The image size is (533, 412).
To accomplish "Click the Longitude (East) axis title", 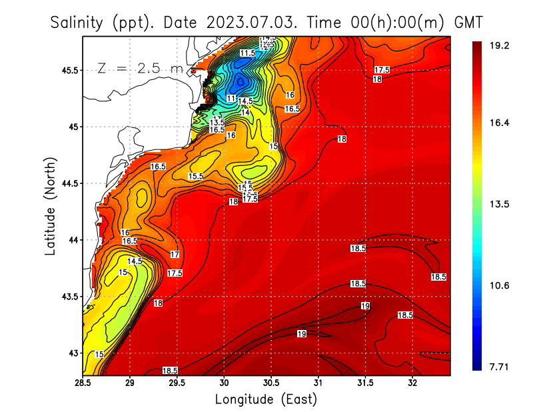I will click(266, 399).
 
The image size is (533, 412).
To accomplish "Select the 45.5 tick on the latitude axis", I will click(69, 70).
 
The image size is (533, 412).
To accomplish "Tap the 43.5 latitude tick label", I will click(69, 297).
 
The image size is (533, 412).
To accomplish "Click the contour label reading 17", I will click(175, 255).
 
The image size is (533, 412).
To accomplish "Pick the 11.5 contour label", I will click(247, 53).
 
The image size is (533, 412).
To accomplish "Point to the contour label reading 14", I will click(245, 113).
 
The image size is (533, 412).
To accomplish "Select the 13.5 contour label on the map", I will click(217, 123).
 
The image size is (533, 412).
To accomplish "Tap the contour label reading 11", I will click(231, 98).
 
